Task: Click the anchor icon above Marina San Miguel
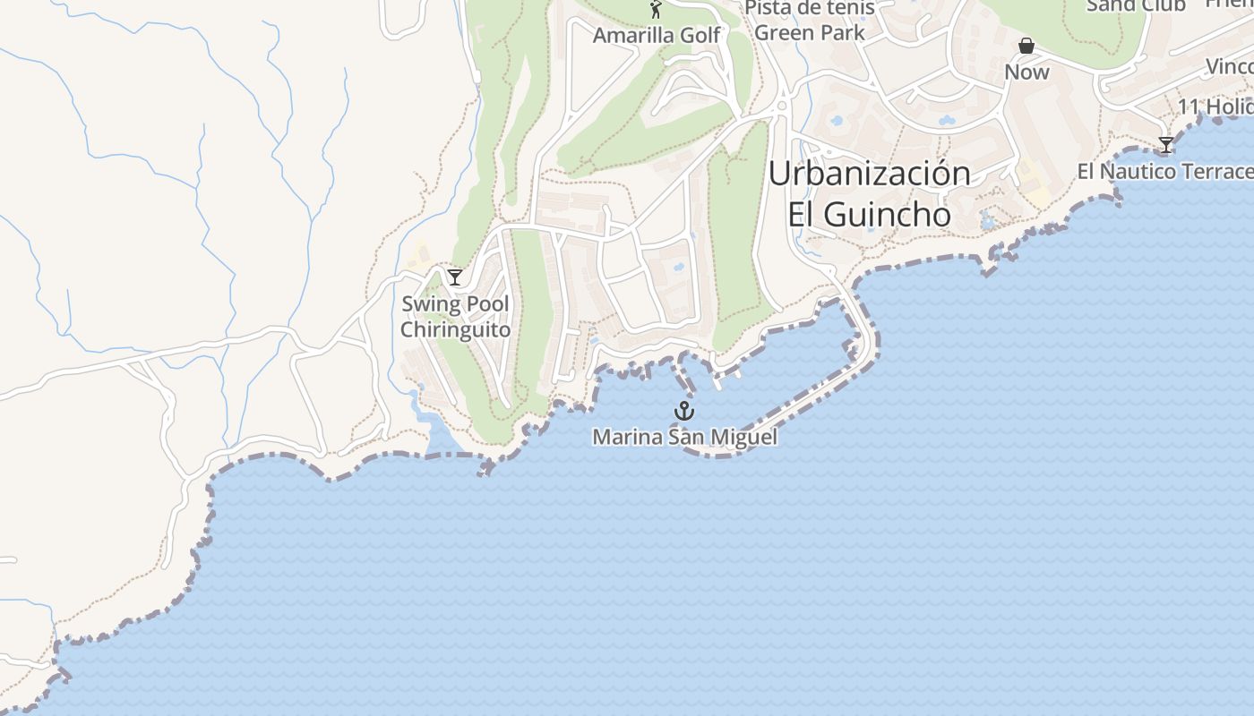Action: coord(684,411)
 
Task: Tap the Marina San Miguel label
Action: coord(684,437)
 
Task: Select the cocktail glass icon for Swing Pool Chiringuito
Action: coord(455,277)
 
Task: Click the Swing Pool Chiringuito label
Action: coord(455,317)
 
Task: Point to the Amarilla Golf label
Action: coord(657,35)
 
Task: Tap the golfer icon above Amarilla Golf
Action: coord(656,10)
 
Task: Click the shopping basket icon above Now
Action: coord(1026,46)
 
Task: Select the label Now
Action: coord(1026,72)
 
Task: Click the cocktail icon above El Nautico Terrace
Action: coord(1165,144)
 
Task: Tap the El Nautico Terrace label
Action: coord(1164,171)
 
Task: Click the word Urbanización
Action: coord(869,174)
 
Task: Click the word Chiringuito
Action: coord(455,329)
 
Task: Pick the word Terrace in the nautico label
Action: coord(1217,171)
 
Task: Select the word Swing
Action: coord(424,304)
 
